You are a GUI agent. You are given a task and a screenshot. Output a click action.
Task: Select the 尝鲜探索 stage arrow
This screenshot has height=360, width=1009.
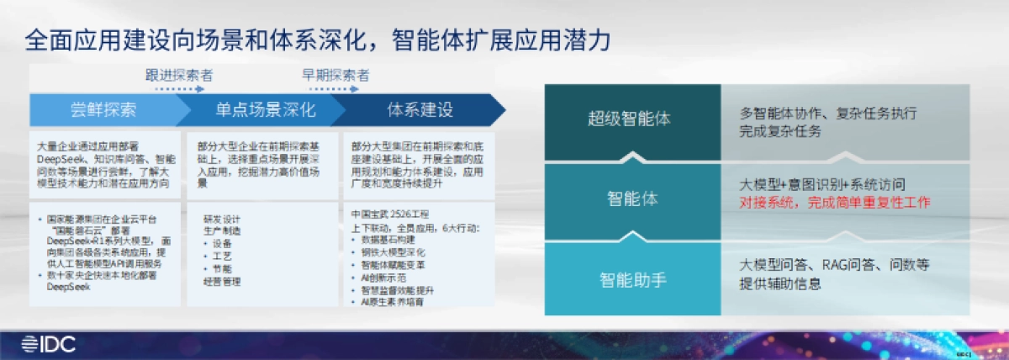tap(103, 110)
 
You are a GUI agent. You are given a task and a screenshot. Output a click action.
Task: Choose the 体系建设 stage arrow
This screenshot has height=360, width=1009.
tap(420, 110)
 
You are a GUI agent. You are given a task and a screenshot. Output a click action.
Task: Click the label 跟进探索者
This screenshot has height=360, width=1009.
tap(179, 75)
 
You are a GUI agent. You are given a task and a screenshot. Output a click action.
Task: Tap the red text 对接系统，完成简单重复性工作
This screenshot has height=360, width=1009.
tap(835, 203)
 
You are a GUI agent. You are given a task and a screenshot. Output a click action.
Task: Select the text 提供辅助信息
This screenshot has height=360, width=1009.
tap(780, 283)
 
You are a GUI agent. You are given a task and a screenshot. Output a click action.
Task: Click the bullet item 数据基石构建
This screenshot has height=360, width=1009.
tap(387, 239)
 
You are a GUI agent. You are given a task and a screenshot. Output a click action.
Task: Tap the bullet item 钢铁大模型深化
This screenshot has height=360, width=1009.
tap(392, 251)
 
